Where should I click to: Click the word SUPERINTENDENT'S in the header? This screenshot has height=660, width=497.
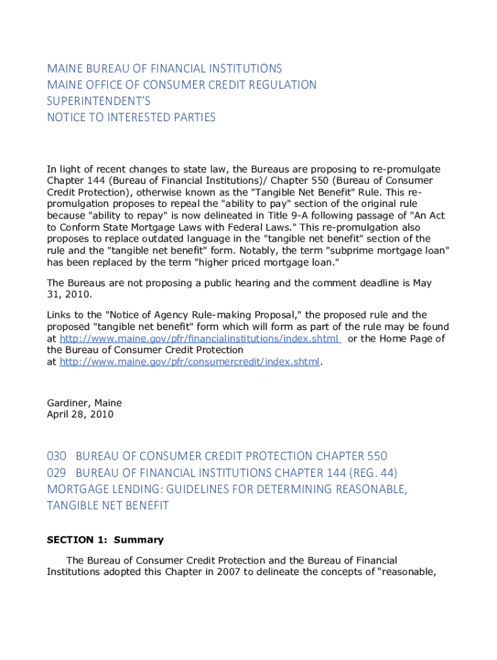[97, 101]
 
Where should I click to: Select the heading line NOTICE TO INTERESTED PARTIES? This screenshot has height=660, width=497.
[131, 117]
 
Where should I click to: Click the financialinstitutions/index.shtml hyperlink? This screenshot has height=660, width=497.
[199, 338]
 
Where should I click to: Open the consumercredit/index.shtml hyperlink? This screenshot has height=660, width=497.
[190, 362]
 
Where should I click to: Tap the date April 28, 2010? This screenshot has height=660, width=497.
[80, 414]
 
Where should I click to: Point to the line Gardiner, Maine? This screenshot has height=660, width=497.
[84, 403]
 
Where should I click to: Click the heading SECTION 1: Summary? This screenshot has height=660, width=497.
[105, 540]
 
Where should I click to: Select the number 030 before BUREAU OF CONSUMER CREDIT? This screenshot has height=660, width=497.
[57, 456]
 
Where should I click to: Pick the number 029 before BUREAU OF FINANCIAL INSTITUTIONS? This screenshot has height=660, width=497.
[57, 472]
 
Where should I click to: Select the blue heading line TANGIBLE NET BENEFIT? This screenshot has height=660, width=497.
[108, 505]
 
